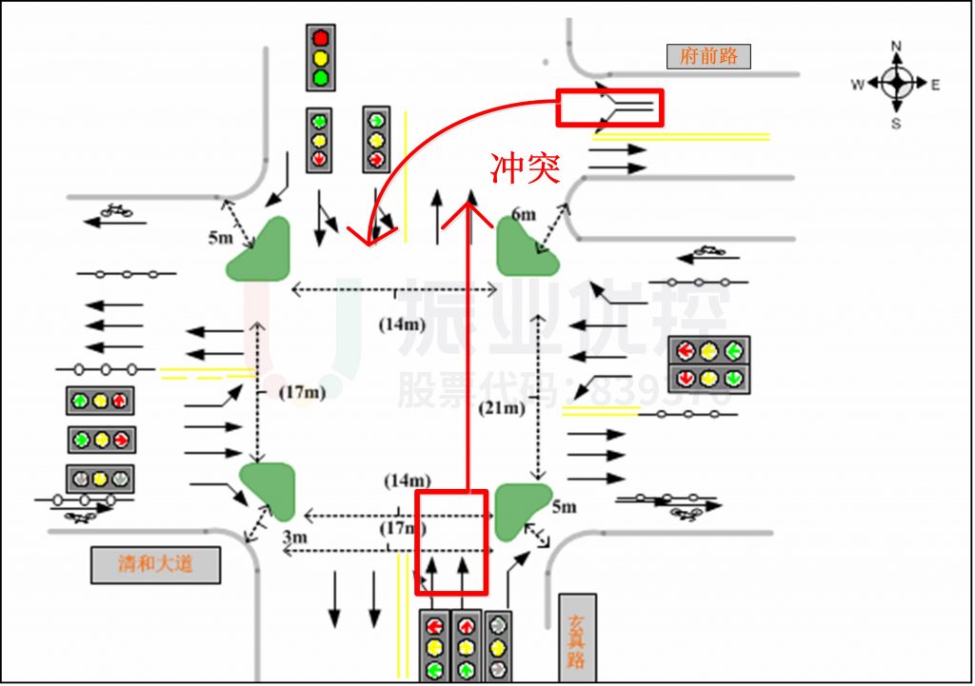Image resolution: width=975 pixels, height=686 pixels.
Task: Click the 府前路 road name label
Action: click(x=708, y=56)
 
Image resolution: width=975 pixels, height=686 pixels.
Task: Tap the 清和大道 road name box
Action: click(x=155, y=563)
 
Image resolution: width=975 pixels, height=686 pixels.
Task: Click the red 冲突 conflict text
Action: click(x=525, y=168)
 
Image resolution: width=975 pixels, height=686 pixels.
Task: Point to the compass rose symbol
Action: click(x=896, y=84)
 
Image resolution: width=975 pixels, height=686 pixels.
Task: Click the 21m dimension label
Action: click(x=502, y=408)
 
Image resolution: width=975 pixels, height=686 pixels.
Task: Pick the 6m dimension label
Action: click(x=524, y=215)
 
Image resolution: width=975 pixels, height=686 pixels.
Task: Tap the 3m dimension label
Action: click(x=295, y=538)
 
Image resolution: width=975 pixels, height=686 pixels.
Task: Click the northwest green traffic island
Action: click(x=260, y=250)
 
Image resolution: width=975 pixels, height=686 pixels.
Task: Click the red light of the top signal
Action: click(x=321, y=38)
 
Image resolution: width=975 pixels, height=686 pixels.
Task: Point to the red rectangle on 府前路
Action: click(x=609, y=108)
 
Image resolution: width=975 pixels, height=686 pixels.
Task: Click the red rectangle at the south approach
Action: click(x=451, y=541)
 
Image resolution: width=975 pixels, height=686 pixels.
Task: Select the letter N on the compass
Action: click(x=896, y=46)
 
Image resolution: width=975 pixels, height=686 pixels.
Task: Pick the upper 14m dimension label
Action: click(x=402, y=323)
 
